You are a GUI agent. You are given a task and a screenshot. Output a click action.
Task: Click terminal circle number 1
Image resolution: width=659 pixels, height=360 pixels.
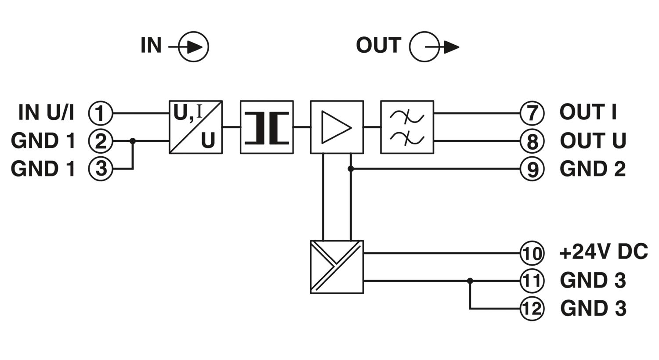click(101, 113)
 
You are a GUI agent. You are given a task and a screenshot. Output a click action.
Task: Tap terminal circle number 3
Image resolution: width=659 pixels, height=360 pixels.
click(101, 169)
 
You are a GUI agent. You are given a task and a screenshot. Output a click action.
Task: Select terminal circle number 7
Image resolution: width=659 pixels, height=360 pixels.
click(532, 113)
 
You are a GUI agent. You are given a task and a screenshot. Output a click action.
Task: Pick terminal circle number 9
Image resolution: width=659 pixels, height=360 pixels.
click(532, 169)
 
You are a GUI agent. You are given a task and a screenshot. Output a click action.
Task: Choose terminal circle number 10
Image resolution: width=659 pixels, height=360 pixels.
click(532, 253)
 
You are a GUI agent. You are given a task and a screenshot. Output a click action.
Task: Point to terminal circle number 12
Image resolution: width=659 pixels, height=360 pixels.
click(532, 309)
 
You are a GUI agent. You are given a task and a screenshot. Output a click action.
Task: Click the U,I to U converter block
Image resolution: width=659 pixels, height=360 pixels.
click(196, 127)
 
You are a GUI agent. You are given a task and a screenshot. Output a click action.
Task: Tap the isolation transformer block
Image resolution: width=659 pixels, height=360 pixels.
click(267, 127)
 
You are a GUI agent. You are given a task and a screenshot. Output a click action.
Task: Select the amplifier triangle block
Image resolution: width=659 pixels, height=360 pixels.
click(337, 127)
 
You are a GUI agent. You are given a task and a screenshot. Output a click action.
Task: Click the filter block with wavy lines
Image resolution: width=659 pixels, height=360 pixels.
click(407, 127)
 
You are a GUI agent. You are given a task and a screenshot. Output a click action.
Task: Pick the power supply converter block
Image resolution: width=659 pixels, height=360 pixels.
click(337, 267)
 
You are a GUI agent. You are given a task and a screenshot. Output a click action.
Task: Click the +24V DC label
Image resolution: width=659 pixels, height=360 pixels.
click(603, 252)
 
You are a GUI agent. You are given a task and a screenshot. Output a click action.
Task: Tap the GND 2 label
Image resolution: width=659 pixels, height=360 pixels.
click(593, 169)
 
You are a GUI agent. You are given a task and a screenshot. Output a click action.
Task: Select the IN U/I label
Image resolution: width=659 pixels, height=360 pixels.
click(46, 112)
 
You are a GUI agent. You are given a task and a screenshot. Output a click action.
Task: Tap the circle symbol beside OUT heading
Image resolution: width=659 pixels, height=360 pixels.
click(424, 47)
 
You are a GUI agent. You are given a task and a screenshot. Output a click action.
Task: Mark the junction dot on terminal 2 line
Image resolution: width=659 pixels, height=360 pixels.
click(133, 141)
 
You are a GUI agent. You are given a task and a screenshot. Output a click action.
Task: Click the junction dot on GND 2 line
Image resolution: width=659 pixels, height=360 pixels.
click(351, 169)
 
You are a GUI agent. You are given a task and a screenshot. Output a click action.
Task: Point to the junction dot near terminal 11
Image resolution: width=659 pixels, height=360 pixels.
click(470, 281)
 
